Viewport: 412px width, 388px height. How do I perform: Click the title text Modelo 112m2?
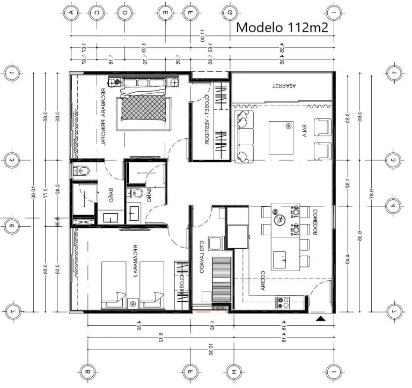[282, 27]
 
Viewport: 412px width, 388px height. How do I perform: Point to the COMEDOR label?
[317, 222]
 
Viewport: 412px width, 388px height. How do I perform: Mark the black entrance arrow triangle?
[321, 319]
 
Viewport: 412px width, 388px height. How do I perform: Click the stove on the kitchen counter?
[283, 303]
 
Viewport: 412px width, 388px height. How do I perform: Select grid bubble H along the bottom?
[233, 371]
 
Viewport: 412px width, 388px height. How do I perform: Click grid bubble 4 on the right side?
[394, 205]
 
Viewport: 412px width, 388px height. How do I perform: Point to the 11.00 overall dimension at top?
[203, 38]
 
